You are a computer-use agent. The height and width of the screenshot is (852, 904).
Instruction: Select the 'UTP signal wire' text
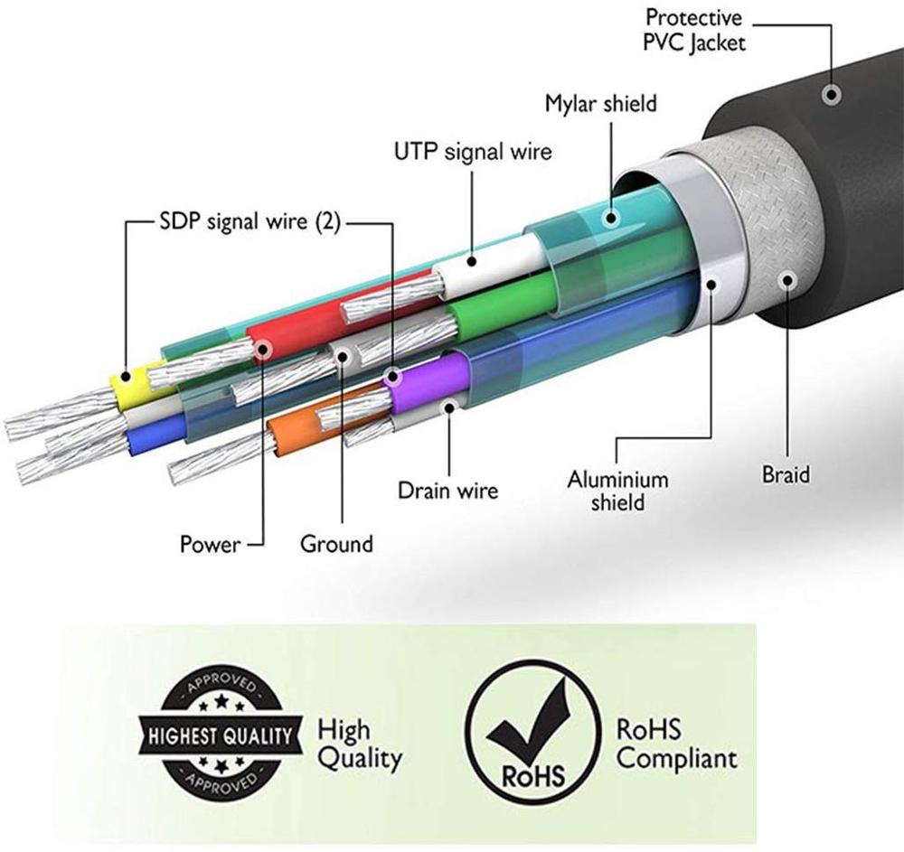click(472, 153)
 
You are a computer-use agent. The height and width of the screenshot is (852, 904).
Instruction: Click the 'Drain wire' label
click(447, 491)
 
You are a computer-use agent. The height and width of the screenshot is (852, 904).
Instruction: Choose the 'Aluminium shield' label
click(617, 489)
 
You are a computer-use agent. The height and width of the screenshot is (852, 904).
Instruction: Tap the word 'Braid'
click(786, 473)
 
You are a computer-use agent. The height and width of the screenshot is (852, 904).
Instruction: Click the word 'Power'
click(211, 544)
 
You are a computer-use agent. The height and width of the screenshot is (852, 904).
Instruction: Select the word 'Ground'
click(336, 544)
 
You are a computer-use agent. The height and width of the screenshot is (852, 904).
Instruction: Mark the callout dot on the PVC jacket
click(830, 94)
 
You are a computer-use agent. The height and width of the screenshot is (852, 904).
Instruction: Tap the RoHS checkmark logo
click(532, 735)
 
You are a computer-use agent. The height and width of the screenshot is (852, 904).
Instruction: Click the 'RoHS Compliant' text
click(675, 743)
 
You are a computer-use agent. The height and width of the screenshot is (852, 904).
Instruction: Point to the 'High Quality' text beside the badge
click(358, 743)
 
